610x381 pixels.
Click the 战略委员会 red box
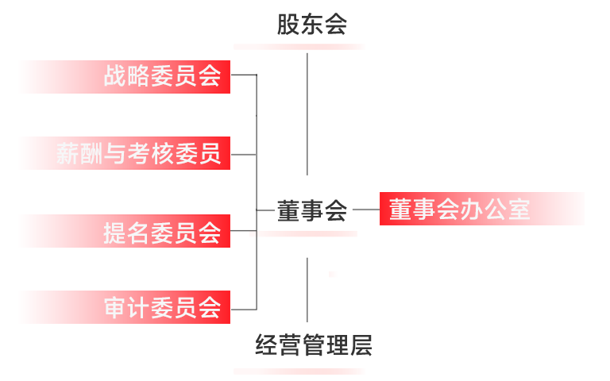[x=124, y=76]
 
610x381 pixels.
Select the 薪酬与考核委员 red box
[x=124, y=153]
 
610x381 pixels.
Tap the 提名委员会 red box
[x=124, y=231]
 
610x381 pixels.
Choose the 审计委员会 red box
[x=124, y=307]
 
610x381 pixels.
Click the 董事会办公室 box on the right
[x=481, y=209]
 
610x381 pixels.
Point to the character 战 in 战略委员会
[x=115, y=76]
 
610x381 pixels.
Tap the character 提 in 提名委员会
[x=115, y=232]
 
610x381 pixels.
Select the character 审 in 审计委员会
[x=115, y=308]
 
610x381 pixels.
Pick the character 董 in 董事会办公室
[x=400, y=210]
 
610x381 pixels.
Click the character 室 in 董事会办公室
[x=519, y=210]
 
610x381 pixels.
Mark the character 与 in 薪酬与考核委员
[x=115, y=153]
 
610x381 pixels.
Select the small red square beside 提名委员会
[x=252, y=234]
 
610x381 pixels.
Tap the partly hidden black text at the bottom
[x=313, y=346]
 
